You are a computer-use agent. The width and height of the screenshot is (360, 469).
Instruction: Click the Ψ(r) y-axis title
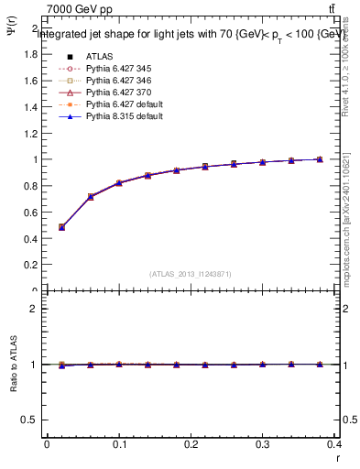pos(12,37)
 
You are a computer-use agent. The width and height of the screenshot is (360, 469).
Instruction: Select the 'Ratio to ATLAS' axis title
pos(12,365)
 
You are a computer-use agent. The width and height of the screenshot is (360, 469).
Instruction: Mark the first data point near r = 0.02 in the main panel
pos(61,227)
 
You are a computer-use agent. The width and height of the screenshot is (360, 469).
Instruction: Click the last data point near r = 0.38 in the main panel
pos(320,159)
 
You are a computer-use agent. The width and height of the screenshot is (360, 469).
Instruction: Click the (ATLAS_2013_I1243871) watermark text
pos(191,274)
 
